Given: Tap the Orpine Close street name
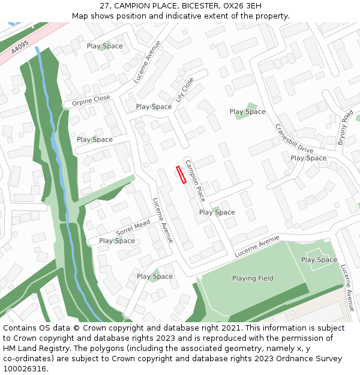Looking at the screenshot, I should pos(91,101).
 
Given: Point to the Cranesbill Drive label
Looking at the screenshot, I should pos(294,139).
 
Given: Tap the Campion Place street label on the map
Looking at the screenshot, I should pos(195,181).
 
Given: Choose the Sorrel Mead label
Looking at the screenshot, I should pos(133,227).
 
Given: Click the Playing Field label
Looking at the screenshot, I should pos(253,278).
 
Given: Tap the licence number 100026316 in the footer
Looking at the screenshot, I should pos(26,369).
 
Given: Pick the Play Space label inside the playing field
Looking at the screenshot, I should pos(319,260).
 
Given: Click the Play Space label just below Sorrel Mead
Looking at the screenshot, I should pos(116,241).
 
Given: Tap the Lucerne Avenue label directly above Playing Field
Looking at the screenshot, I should pos(257,247).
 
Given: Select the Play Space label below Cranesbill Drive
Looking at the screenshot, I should pos(308,158).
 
